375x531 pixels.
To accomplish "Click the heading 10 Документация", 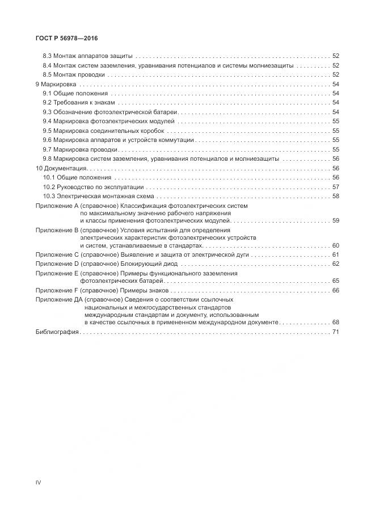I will point(61,169).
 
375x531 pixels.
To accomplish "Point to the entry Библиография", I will point(57,332).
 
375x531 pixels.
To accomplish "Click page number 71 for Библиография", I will point(335,332).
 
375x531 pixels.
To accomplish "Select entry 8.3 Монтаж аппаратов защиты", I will point(88,56).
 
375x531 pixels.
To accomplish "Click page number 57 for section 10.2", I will point(335,187).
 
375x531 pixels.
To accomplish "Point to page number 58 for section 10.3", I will point(335,196).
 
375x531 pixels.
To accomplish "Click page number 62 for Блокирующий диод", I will point(335,264).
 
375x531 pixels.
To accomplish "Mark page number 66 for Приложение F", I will point(335,290).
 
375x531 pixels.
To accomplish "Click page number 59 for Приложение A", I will point(335,220).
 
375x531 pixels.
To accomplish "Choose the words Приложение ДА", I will point(57,299).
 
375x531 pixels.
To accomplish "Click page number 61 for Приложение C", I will point(335,255).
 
